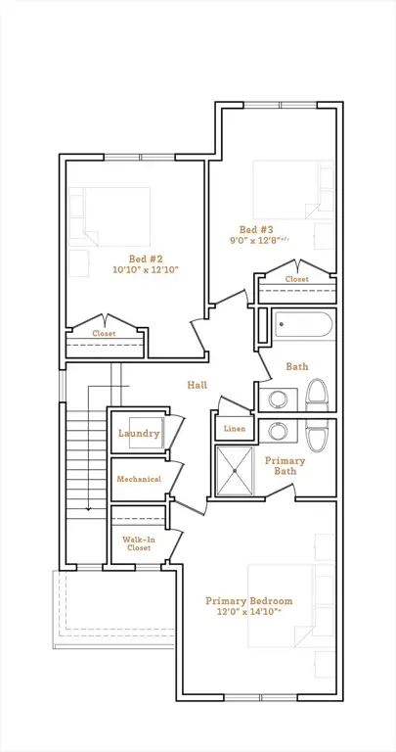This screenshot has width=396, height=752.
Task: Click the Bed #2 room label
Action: pyautogui.click(x=144, y=258)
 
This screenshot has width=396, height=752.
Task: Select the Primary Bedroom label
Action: pyautogui.click(x=249, y=601)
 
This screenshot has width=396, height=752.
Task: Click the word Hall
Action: pyautogui.click(x=198, y=385)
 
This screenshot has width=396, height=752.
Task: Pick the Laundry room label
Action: pyautogui.click(x=139, y=434)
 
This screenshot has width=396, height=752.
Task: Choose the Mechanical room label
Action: pyautogui.click(x=139, y=479)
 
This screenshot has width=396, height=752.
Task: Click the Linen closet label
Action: pyautogui.click(x=235, y=428)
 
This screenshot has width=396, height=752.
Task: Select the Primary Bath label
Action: pyautogui.click(x=285, y=466)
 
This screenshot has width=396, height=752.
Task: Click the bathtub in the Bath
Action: pyautogui.click(x=303, y=325)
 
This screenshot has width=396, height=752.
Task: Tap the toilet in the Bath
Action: pyautogui.click(x=317, y=395)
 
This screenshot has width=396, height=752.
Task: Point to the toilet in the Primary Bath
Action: pyautogui.click(x=317, y=436)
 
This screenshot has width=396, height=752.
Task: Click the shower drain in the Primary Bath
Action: pyautogui.click(x=235, y=471)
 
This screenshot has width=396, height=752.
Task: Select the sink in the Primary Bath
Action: pyautogui.click(x=278, y=431)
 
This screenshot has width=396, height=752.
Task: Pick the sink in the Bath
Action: pyautogui.click(x=278, y=399)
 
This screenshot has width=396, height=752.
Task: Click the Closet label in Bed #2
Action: pyautogui.click(x=104, y=333)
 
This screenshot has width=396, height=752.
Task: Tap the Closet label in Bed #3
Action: pyautogui.click(x=297, y=279)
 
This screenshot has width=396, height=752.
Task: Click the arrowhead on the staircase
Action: pyautogui.click(x=89, y=508)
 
